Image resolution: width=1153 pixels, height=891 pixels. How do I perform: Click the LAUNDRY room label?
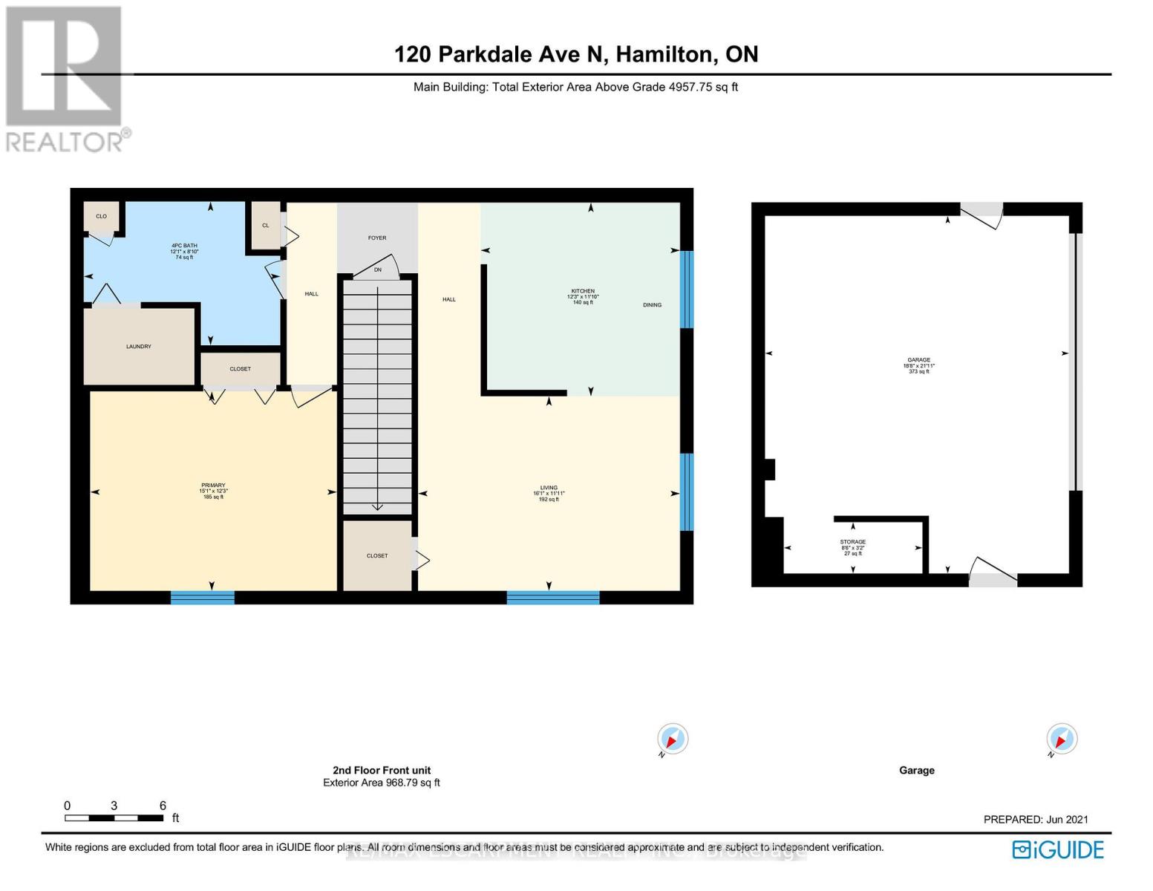tap(139, 347)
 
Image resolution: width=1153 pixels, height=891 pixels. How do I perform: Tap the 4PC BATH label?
tap(184, 247)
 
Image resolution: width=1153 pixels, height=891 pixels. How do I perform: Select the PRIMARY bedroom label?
tap(213, 486)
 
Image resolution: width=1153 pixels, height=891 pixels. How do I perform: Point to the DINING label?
tap(652, 305)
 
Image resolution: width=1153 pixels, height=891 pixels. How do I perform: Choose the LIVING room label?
tap(549, 489)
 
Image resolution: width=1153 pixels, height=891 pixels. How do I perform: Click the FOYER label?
tap(377, 238)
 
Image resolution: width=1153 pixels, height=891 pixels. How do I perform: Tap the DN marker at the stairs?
tap(378, 270)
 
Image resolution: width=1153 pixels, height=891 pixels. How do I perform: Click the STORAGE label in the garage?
tap(853, 542)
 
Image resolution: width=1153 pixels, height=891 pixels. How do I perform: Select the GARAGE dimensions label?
tap(919, 366)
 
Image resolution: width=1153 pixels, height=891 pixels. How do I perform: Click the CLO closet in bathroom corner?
tap(101, 217)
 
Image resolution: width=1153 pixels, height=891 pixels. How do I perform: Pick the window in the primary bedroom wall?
tap(203, 597)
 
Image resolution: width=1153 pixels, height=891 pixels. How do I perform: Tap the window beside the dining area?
tap(687, 290)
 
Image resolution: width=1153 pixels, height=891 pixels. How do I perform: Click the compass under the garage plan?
tap(1061, 740)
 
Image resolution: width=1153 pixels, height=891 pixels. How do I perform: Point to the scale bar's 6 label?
tap(163, 806)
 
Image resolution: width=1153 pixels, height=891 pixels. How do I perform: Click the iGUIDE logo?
tap(1058, 849)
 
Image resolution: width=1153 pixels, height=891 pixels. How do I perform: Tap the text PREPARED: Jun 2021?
tap(1036, 820)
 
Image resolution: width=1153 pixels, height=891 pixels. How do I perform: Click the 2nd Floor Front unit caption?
tap(382, 771)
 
